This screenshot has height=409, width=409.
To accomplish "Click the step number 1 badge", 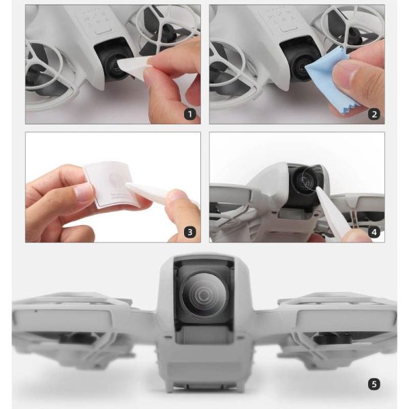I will pyautogui.click(x=190, y=114).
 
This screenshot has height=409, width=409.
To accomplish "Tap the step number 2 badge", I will pyautogui.click(x=374, y=114).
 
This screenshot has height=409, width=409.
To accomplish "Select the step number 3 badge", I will pyautogui.click(x=190, y=232).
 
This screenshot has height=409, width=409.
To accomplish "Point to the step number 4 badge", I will pyautogui.click(x=374, y=232).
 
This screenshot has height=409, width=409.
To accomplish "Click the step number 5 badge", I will pyautogui.click(x=374, y=384).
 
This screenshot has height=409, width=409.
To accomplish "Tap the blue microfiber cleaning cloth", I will pyautogui.click(x=325, y=74).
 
